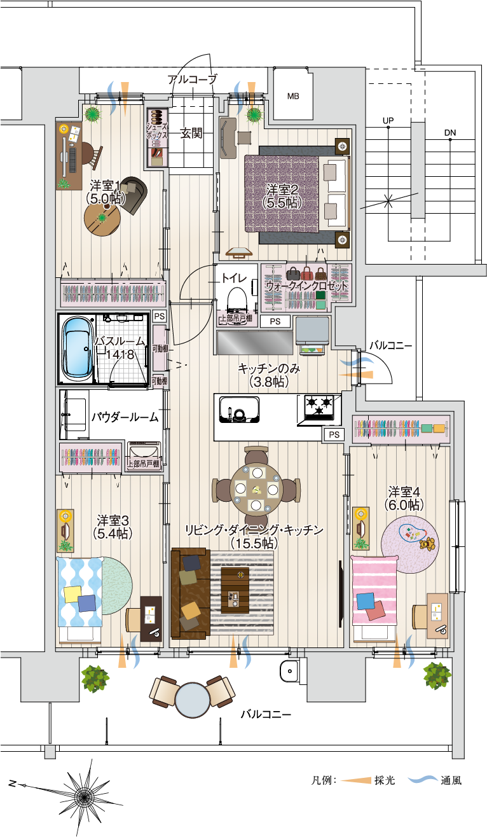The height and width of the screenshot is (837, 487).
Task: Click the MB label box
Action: pyautogui.click(x=293, y=96)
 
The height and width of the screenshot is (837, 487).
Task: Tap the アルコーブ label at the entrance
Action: pyautogui.click(x=192, y=80)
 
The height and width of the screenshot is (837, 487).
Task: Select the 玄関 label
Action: pyautogui.click(x=191, y=134)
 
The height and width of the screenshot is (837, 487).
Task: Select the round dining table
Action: pyautogui.click(x=256, y=489)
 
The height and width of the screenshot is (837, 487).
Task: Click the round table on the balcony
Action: pyautogui.click(x=192, y=700)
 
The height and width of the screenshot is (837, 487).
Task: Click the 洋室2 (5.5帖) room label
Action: pyautogui.click(x=282, y=196)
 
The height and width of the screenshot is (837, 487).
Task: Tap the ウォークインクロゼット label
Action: pyautogui.click(x=306, y=287)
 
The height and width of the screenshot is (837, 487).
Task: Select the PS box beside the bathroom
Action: pyautogui.click(x=159, y=316)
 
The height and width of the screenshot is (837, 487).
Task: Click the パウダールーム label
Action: pyautogui.click(x=124, y=417)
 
